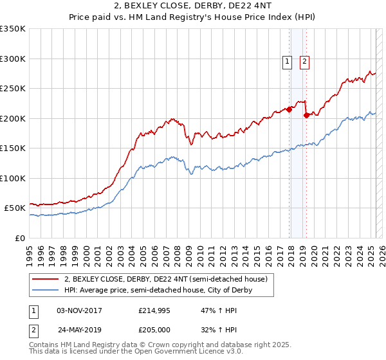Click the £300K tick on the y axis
pos(13,59)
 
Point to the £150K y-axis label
pos(13,148)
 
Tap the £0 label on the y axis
pos(21,238)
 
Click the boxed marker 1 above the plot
pos(286,62)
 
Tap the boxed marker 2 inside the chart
pos(304,62)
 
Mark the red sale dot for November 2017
pos(289,109)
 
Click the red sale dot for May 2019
pos(306,116)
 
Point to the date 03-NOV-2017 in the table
pos(79,310)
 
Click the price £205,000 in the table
pos(155,330)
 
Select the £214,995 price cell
pos(155,310)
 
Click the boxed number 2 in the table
pos(33,330)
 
